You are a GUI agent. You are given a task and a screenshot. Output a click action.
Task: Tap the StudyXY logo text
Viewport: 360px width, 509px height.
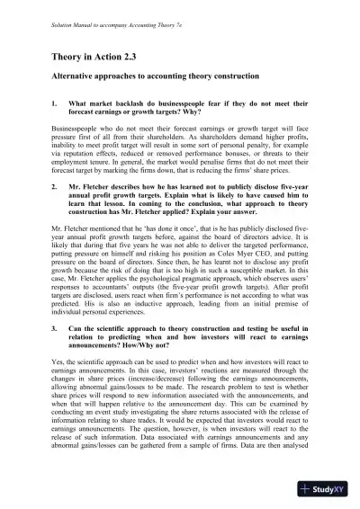coord(326,490)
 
